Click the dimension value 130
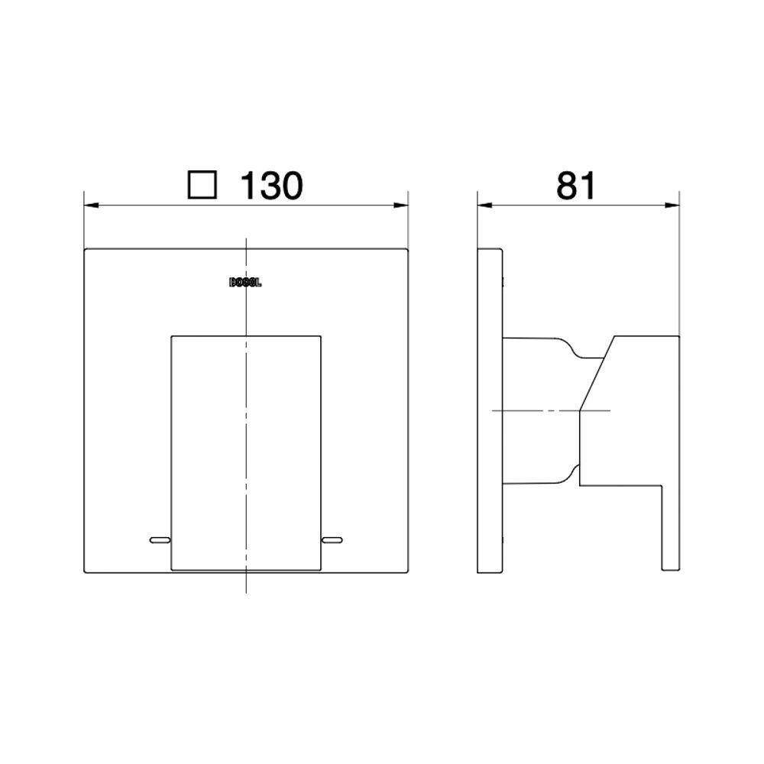272,186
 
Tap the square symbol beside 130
203,186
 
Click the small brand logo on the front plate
246,282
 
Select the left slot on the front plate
159,541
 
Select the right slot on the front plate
332,541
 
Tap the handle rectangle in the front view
245,451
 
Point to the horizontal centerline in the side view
535,411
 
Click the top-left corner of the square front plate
84,249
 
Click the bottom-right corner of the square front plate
408,573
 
